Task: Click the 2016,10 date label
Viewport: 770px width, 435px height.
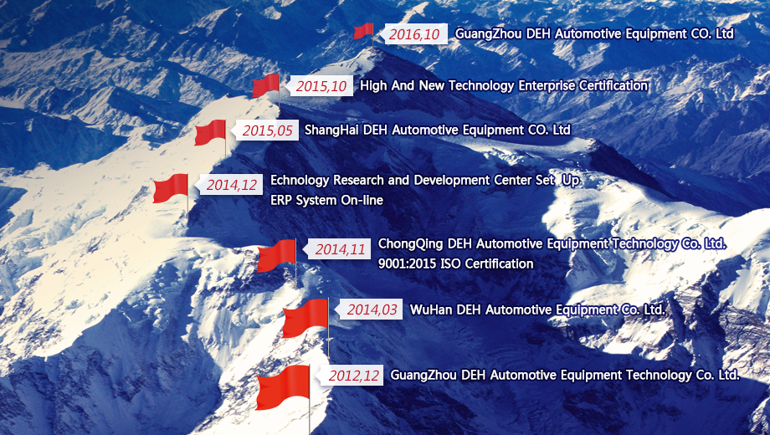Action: [x=413, y=33]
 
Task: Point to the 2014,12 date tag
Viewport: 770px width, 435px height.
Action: [x=230, y=185]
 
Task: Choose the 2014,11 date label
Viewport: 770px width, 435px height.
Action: [x=338, y=249]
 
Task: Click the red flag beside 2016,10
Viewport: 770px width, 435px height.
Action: [x=364, y=31]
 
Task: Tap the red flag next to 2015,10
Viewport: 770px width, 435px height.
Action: [x=265, y=85]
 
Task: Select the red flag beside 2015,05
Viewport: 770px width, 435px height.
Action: [x=210, y=132]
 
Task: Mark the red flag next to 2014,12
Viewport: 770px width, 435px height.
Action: [x=171, y=188]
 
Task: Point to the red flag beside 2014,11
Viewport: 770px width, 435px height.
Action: [x=276, y=255]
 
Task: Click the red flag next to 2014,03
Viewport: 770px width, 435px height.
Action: [x=305, y=319]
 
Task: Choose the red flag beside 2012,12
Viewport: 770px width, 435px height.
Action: [x=283, y=387]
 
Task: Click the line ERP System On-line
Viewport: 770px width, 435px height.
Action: [x=326, y=200]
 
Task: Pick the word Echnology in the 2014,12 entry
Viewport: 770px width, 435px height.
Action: [x=300, y=181]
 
